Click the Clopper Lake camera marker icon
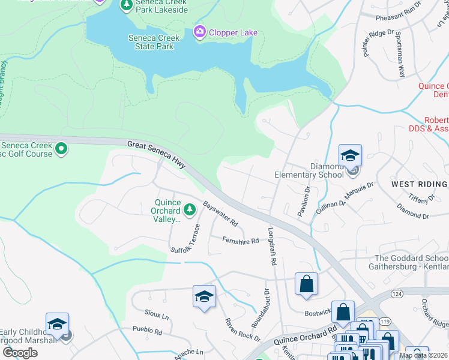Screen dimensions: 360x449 click(199, 31)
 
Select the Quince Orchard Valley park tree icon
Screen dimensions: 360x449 click(190, 209)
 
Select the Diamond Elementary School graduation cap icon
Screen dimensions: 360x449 click(350, 155)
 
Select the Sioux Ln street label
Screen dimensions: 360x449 click(157, 314)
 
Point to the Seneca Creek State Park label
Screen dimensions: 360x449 click(154, 42)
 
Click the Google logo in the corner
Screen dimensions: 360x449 click(20, 353)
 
